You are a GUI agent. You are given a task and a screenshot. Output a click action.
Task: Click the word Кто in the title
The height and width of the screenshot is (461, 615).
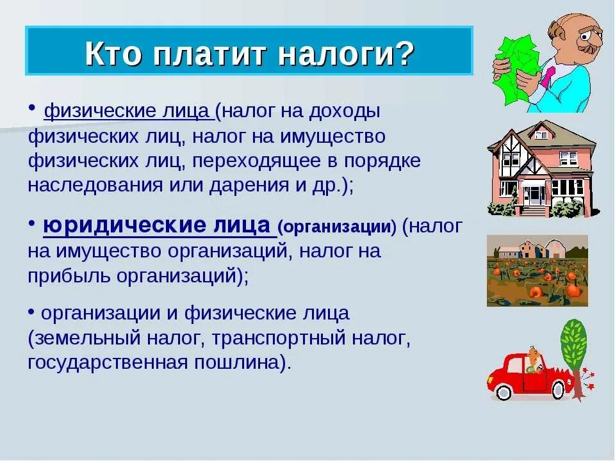(x=113, y=54)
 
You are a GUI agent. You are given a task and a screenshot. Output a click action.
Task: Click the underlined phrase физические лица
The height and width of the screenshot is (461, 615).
(x=128, y=111)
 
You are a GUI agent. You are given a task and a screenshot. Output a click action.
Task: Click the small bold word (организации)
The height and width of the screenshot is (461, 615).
(x=337, y=227)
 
